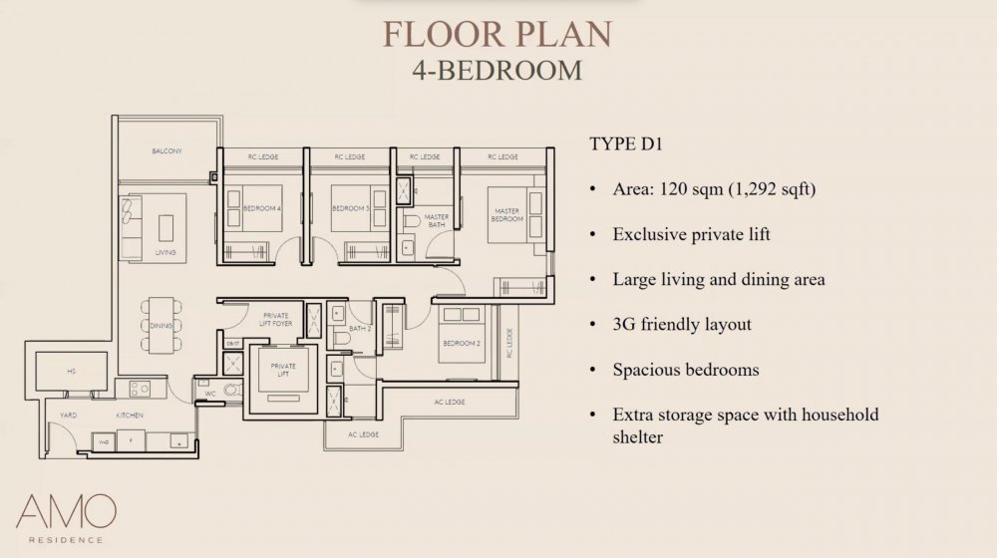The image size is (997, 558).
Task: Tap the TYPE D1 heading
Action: [x=625, y=143]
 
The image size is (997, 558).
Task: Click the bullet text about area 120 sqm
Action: [x=714, y=189]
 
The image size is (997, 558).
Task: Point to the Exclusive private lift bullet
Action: [x=692, y=234]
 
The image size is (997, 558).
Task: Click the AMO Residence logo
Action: [x=66, y=518]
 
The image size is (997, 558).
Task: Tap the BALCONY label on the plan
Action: [x=166, y=151]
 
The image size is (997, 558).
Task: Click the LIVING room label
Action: [x=166, y=252]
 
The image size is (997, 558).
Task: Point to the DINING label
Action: [x=162, y=326]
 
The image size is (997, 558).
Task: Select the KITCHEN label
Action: [x=131, y=414]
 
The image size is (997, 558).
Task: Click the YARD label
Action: [x=69, y=414]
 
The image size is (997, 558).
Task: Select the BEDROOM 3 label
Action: [x=350, y=208]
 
